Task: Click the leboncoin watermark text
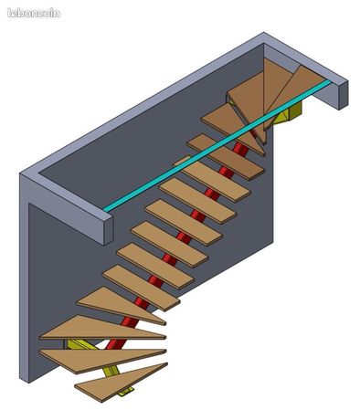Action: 34,13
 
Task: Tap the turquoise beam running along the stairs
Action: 217,145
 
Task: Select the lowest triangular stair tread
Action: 122,383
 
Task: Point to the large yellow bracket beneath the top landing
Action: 287,114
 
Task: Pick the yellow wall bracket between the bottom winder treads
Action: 81,345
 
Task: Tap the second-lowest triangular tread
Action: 102,360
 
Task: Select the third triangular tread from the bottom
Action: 102,329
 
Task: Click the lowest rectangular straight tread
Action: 141,288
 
